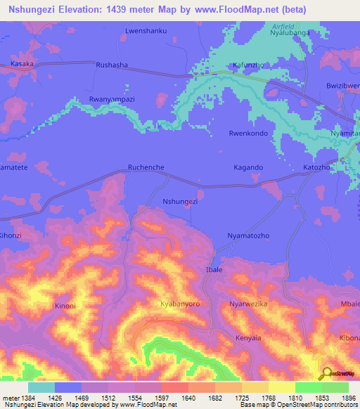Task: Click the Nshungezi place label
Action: click(180, 202)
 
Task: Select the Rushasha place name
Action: click(111, 64)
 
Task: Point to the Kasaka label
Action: click(22, 64)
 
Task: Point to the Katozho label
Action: click(316, 168)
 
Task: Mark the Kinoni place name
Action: click(65, 306)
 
